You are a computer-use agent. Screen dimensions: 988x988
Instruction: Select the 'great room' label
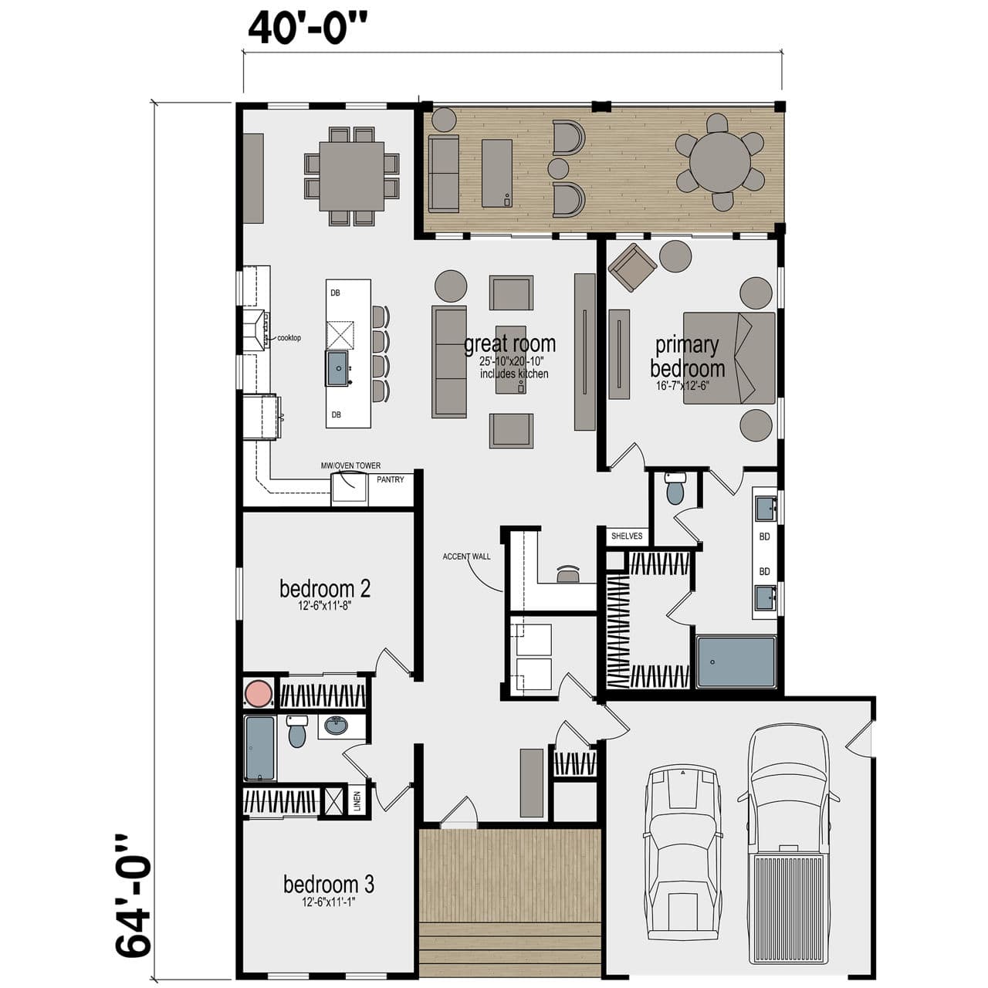click(x=509, y=344)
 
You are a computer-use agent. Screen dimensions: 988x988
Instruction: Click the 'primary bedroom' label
click(x=687, y=356)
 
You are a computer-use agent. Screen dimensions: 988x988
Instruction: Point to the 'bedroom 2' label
click(x=325, y=589)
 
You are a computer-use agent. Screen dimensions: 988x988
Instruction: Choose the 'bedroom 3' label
click(x=329, y=884)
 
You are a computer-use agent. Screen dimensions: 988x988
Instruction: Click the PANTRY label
click(x=391, y=480)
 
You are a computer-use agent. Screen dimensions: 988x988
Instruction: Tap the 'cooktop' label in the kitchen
click(x=289, y=338)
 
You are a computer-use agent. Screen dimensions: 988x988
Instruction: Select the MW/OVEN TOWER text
click(x=350, y=466)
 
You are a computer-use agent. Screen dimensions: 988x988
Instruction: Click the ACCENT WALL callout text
click(x=466, y=557)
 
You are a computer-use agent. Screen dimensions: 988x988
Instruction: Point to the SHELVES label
click(x=626, y=536)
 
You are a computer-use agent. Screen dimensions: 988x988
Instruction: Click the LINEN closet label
click(x=357, y=802)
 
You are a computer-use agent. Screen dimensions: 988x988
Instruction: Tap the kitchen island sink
click(x=338, y=368)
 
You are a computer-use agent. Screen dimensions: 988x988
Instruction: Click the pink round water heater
click(x=258, y=693)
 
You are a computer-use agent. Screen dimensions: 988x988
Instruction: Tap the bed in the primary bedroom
click(x=729, y=358)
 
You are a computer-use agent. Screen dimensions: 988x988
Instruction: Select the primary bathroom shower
click(x=736, y=661)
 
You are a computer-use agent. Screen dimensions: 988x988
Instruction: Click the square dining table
click(x=352, y=176)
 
